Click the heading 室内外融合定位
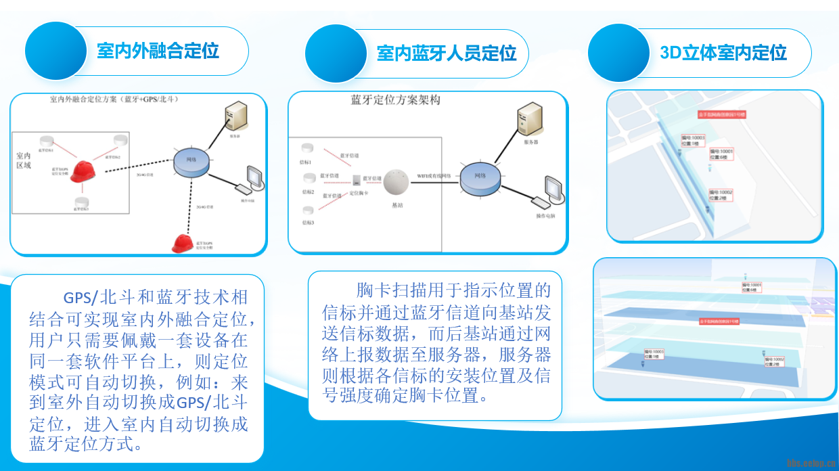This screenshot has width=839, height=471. pyautogui.click(x=158, y=51)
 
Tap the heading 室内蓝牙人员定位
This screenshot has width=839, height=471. pyautogui.click(x=447, y=53)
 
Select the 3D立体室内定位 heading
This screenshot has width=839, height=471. pyautogui.click(x=723, y=53)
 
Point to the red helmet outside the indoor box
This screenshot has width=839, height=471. pyautogui.click(x=181, y=242)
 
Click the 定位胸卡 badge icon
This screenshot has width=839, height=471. pyautogui.click(x=356, y=181)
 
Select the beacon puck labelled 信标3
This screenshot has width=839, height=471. pyautogui.click(x=309, y=210)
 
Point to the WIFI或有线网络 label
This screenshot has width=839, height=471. pyautogui.click(x=433, y=176)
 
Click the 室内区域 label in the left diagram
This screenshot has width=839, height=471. pyautogui.click(x=24, y=160)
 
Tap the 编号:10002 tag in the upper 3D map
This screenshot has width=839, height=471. pyautogui.click(x=721, y=195)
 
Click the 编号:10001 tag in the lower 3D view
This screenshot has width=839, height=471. pyautogui.click(x=751, y=288)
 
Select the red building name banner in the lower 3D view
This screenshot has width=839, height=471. pyautogui.click(x=719, y=321)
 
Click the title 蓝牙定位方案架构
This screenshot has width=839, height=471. pyautogui.click(x=395, y=100)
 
